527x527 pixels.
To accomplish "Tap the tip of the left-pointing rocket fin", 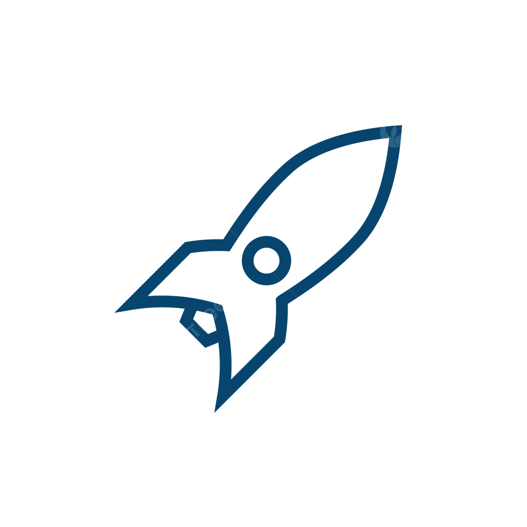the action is (x=117, y=311).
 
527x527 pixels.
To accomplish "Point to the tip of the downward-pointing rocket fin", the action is (x=215, y=411).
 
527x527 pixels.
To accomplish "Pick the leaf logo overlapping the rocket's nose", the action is (x=396, y=131).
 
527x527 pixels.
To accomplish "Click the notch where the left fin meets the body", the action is (x=227, y=246).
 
